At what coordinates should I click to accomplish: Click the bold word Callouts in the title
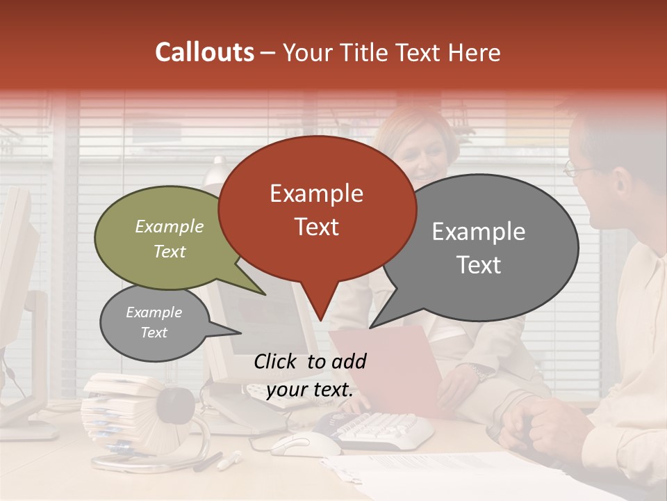pos(204,52)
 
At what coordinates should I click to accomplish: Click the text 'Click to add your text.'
pos(310,375)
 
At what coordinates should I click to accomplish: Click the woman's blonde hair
pos(417,129)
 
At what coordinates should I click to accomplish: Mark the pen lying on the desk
pos(230,459)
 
